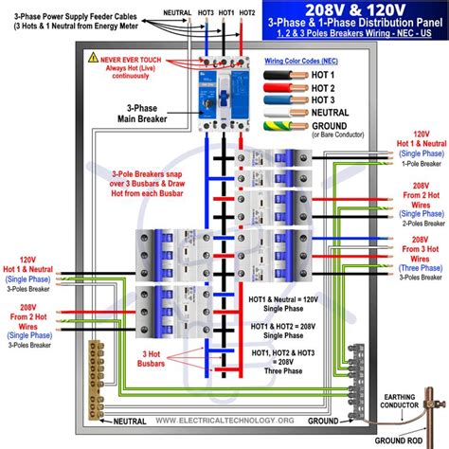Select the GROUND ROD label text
tap(408, 440)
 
